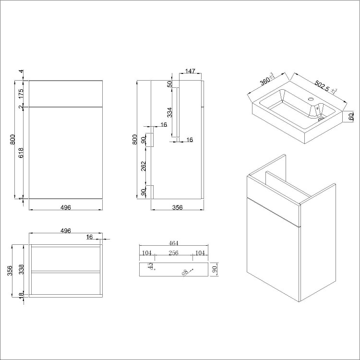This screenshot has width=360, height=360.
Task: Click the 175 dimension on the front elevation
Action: click(x=21, y=94)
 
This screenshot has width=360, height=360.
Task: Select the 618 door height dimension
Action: click(x=21, y=153)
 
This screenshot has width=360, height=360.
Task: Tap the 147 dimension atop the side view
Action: click(x=190, y=72)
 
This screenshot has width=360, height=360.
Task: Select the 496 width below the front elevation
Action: click(x=66, y=207)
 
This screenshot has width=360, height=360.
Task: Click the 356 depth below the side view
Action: click(x=177, y=207)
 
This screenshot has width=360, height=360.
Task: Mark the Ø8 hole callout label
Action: click(x=184, y=273)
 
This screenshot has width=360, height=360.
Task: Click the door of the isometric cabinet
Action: click(x=271, y=259)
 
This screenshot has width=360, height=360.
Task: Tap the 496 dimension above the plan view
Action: click(x=66, y=231)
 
